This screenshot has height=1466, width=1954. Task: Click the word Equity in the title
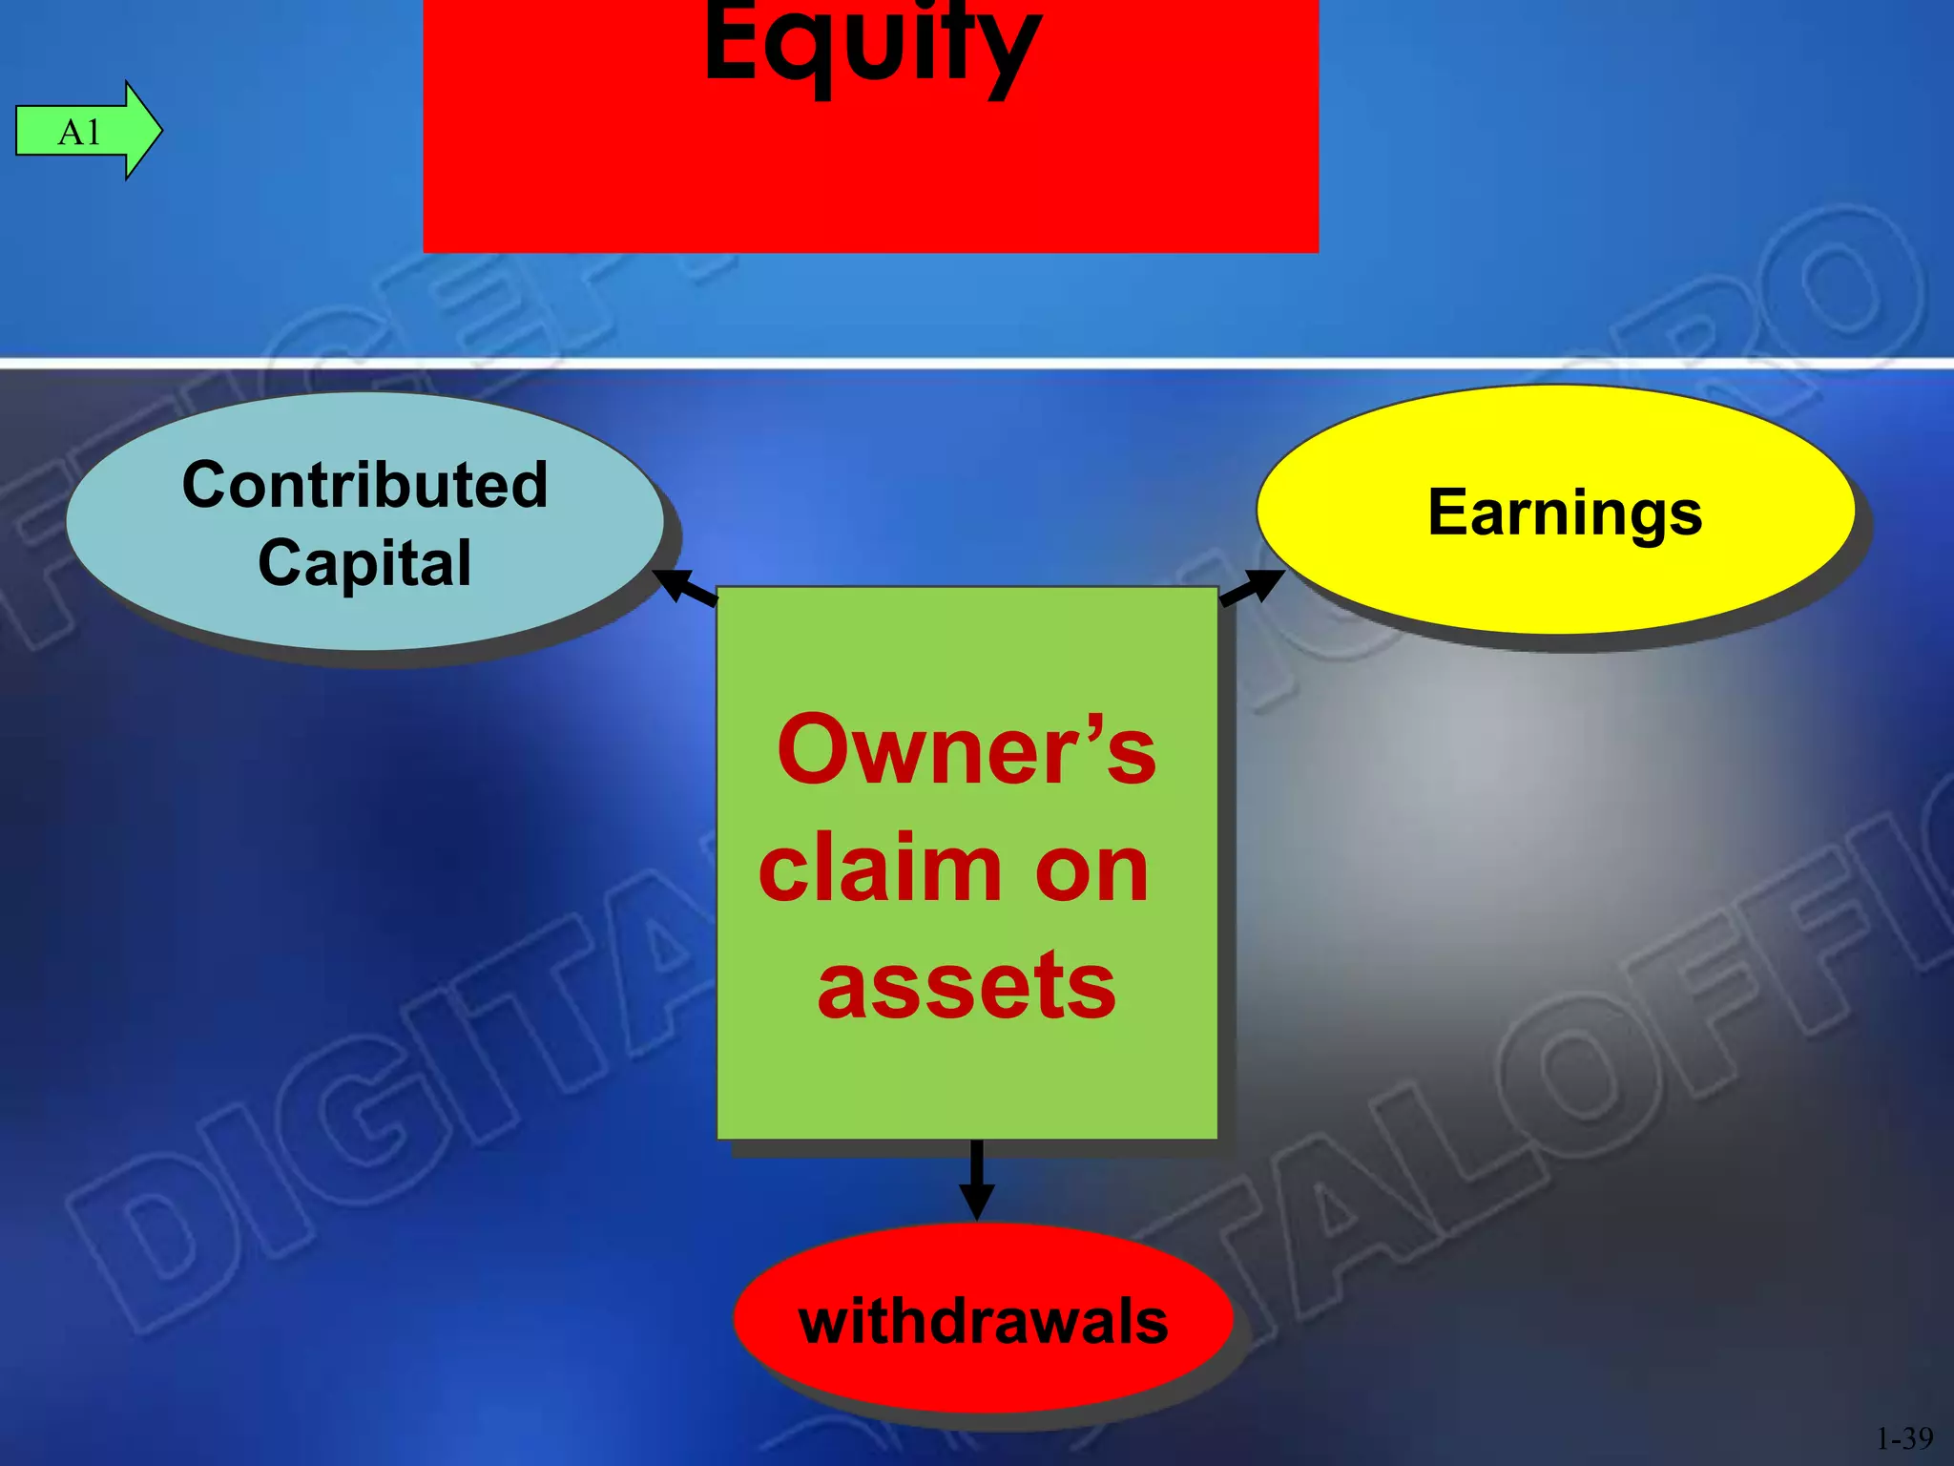pos(871,43)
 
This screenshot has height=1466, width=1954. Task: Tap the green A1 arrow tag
pos(81,131)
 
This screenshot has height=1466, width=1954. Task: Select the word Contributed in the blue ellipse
pos(365,484)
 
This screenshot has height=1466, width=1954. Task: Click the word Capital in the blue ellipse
pos(365,562)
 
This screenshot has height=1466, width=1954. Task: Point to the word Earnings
pos(1565,513)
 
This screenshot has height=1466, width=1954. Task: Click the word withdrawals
pos(983,1321)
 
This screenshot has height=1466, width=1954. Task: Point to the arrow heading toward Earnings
pos(1252,586)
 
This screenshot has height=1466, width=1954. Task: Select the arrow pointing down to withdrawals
pos(976,1180)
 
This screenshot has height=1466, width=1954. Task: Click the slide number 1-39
pos(1904,1437)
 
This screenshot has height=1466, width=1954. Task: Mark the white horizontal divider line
pos(977,363)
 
